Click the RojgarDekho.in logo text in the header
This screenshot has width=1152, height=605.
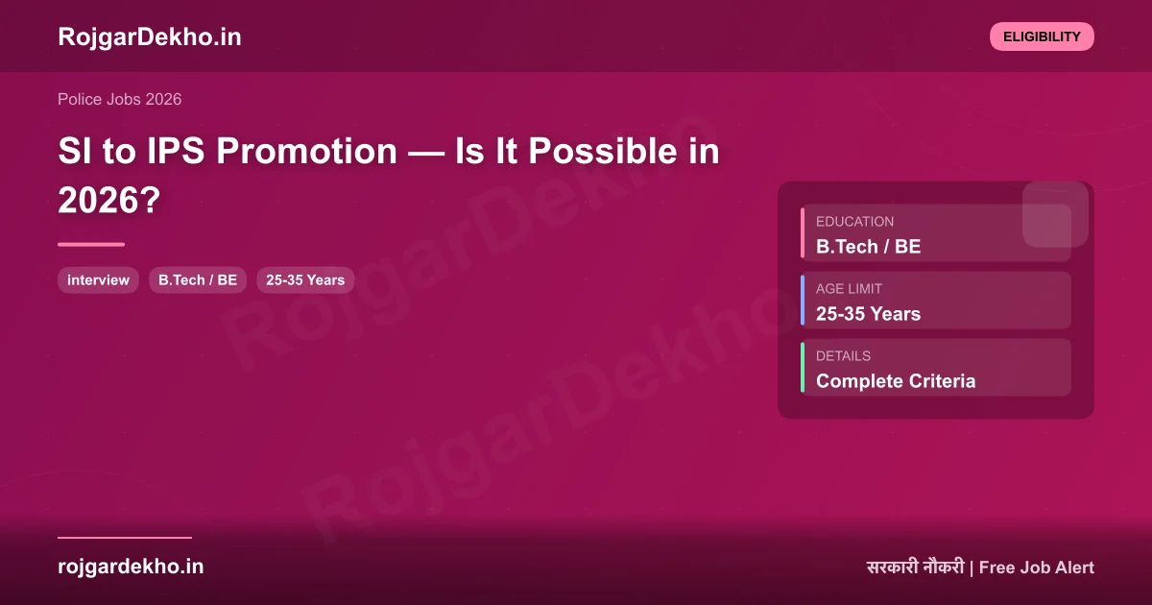coord(149,36)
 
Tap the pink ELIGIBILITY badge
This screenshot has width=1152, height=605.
coord(1042,36)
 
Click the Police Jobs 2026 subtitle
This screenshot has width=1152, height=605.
coord(119,99)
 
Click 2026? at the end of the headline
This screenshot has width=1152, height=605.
coord(108,200)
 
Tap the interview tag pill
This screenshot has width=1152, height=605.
coord(98,280)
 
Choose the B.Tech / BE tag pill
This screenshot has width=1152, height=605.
coord(198,280)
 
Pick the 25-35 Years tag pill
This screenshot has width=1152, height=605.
coord(305,280)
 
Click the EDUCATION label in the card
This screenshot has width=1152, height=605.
coord(854,221)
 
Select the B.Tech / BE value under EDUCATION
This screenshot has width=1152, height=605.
coord(868,247)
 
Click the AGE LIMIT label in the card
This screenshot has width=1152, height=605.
coord(849,288)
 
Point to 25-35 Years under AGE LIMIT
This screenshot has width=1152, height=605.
coord(868,314)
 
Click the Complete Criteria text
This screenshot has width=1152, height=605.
coord(895,381)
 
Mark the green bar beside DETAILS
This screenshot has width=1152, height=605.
coord(803,367)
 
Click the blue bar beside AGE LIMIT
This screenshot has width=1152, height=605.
coord(803,300)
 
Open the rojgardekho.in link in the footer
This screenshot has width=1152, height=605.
coord(131,567)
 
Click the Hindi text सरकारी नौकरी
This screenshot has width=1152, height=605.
coord(914,568)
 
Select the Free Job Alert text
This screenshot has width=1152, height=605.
coord(1036,568)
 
